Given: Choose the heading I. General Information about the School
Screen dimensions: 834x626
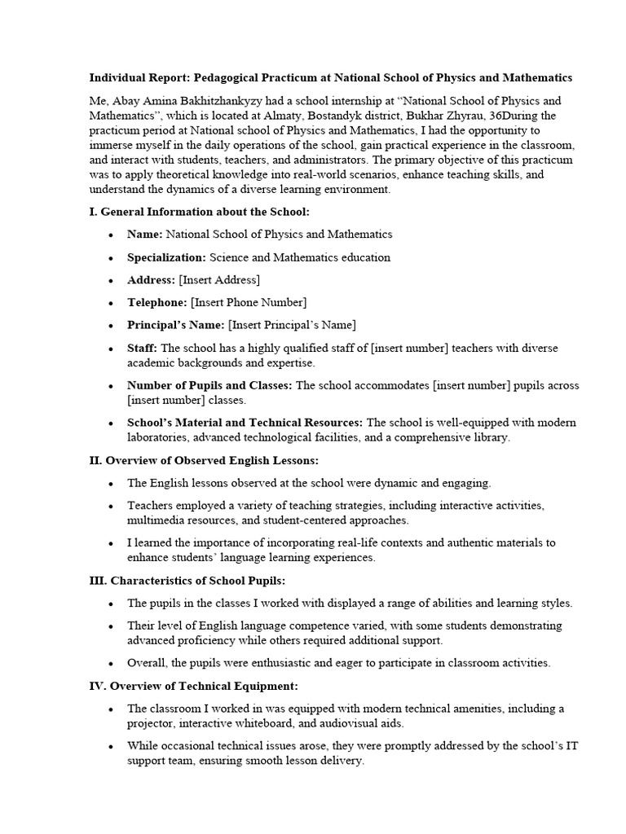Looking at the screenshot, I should [199, 212].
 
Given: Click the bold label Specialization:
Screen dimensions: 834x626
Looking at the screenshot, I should [166, 257].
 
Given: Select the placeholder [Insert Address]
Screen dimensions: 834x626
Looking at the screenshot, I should [219, 280].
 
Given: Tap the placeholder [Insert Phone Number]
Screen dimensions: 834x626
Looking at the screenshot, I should [249, 303].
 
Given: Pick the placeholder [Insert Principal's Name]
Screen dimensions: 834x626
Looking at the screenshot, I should [292, 325].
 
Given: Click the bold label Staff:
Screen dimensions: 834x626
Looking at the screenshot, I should [143, 348].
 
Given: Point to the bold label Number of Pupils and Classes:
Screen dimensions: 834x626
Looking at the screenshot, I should [209, 385].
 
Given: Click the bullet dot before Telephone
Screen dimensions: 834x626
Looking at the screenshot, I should [110, 303].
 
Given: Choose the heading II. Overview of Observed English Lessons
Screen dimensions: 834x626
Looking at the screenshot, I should [204, 460].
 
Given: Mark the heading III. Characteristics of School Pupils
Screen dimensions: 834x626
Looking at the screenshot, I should [187, 580].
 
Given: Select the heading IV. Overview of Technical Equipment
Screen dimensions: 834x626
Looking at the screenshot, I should [193, 686].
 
